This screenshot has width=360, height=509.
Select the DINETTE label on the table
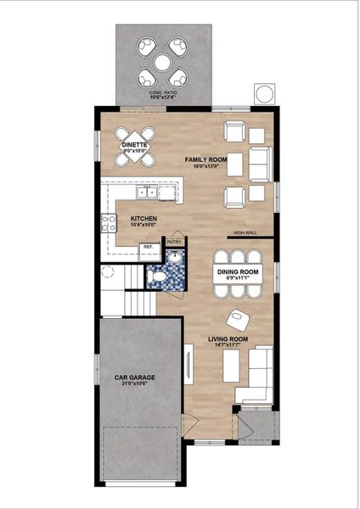click(x=135, y=145)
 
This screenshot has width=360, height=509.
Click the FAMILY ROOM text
click(x=206, y=159)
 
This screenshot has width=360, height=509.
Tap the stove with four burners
click(x=109, y=223)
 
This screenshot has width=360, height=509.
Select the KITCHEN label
click(x=143, y=219)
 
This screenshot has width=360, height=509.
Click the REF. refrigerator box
click(x=147, y=247)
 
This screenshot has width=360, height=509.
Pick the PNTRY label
click(x=174, y=241)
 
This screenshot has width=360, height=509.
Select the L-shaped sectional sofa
click(x=257, y=378)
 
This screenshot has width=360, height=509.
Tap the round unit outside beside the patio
click(x=265, y=92)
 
